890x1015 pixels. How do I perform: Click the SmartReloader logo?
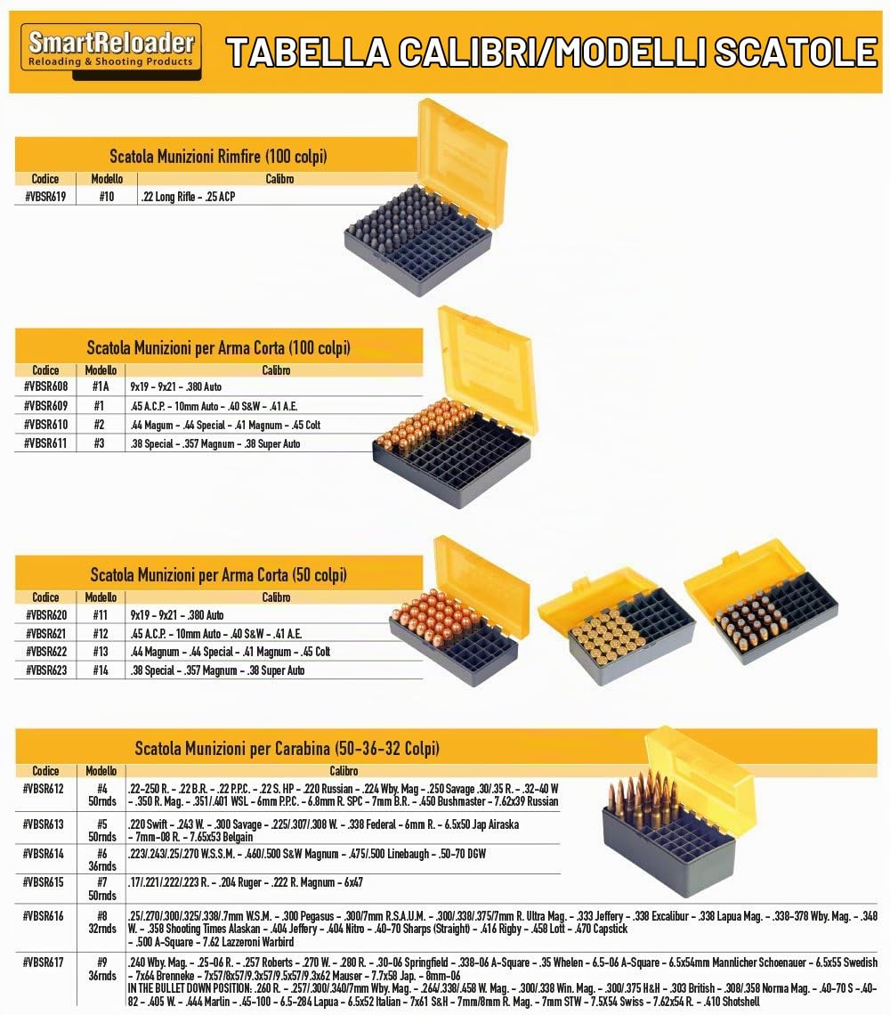pyautogui.click(x=110, y=52)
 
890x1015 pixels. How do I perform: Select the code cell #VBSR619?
pyautogui.click(x=45, y=197)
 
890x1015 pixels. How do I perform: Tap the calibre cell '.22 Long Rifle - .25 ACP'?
pyautogui.click(x=188, y=197)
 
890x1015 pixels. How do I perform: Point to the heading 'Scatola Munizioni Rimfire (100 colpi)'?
pyautogui.click(x=218, y=156)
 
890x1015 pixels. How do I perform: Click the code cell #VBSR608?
pyautogui.click(x=45, y=387)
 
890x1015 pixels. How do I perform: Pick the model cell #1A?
pyautogui.click(x=101, y=387)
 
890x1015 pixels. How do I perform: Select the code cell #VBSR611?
pyautogui.click(x=45, y=443)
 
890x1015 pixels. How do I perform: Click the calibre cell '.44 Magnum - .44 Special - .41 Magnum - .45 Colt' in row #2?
pyautogui.click(x=225, y=426)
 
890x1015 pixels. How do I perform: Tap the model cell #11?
pyautogui.click(x=101, y=615)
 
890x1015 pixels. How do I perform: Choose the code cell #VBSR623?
pyautogui.click(x=46, y=670)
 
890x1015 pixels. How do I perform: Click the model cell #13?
pyautogui.click(x=101, y=652)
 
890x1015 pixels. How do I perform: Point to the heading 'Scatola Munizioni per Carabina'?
pyautogui.click(x=287, y=749)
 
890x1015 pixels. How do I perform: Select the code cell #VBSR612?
pyautogui.click(x=44, y=789)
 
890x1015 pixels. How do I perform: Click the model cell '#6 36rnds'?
pyautogui.click(x=102, y=860)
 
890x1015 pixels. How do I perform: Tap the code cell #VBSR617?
pyautogui.click(x=44, y=962)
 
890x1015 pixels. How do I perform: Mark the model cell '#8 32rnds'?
pyautogui.click(x=102, y=922)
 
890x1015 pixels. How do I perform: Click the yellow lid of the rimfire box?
pyautogui.click(x=461, y=162)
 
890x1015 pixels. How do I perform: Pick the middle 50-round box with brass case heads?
pyautogui.click(x=616, y=626)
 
